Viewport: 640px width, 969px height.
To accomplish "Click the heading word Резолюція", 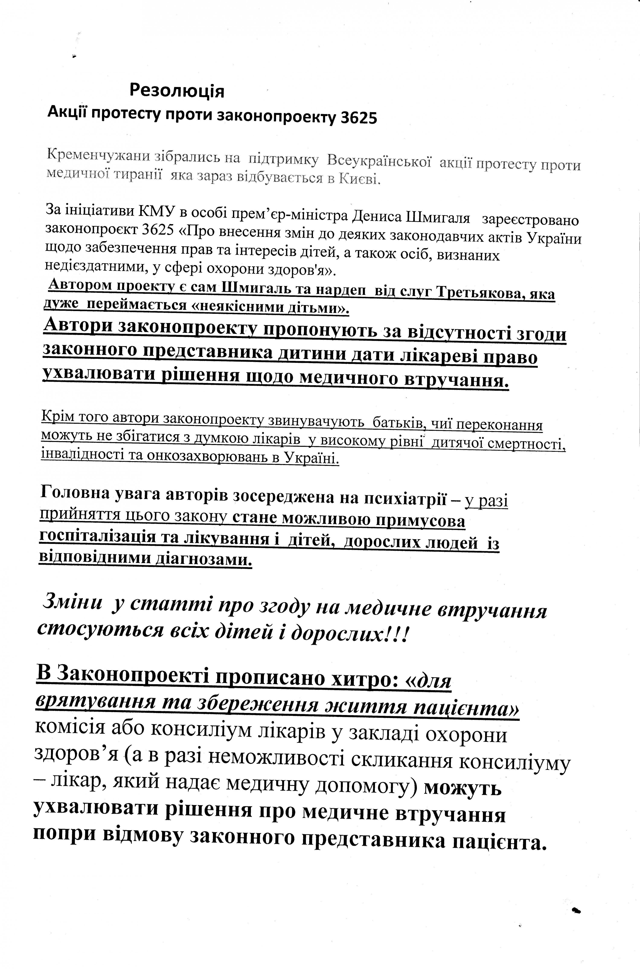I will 177,91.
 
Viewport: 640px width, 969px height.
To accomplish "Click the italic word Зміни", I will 73,604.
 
